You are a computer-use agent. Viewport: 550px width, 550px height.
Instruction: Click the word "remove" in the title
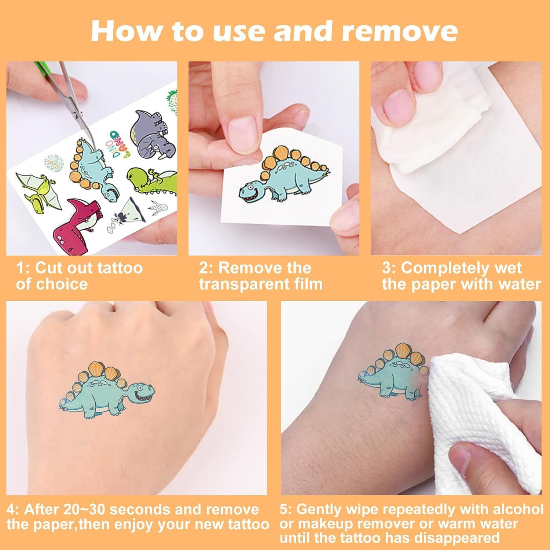[x=399, y=32]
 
